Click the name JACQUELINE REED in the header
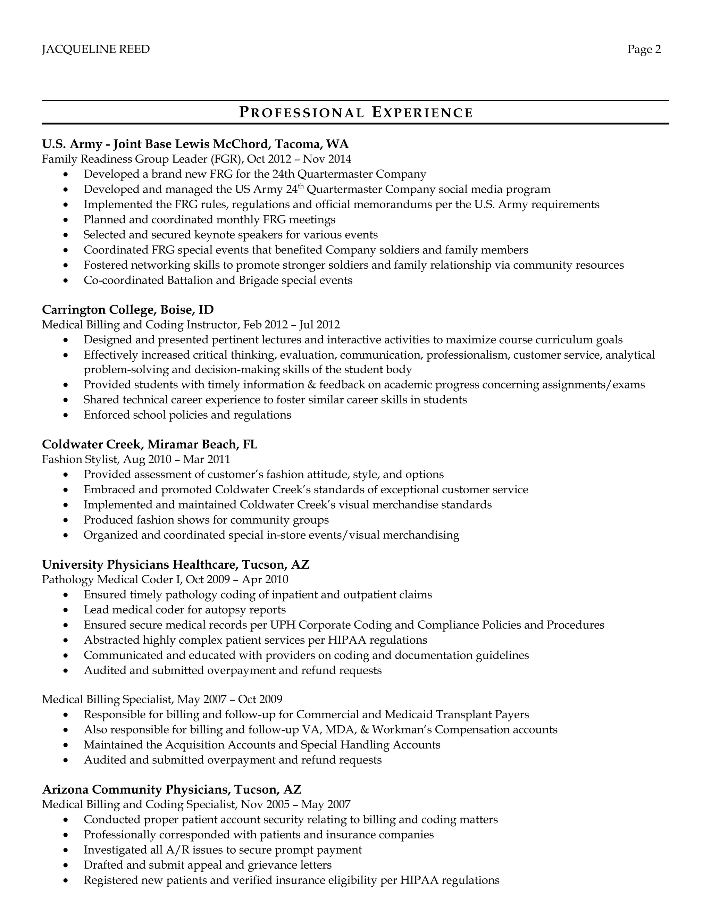click(95, 49)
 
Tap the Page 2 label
click(644, 49)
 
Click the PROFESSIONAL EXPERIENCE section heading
click(355, 112)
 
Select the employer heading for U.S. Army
click(195, 144)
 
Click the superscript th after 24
click(301, 186)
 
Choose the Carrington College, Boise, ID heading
click(128, 310)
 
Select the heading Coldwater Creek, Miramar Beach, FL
click(150, 444)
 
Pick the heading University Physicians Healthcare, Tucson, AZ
click(176, 564)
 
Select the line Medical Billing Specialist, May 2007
click(162, 699)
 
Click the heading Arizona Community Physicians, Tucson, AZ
click(172, 789)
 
